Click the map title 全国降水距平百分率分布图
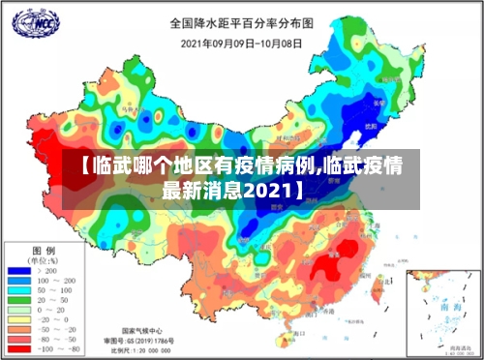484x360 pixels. click(242, 22)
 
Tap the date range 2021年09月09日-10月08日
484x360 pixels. click(241, 44)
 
